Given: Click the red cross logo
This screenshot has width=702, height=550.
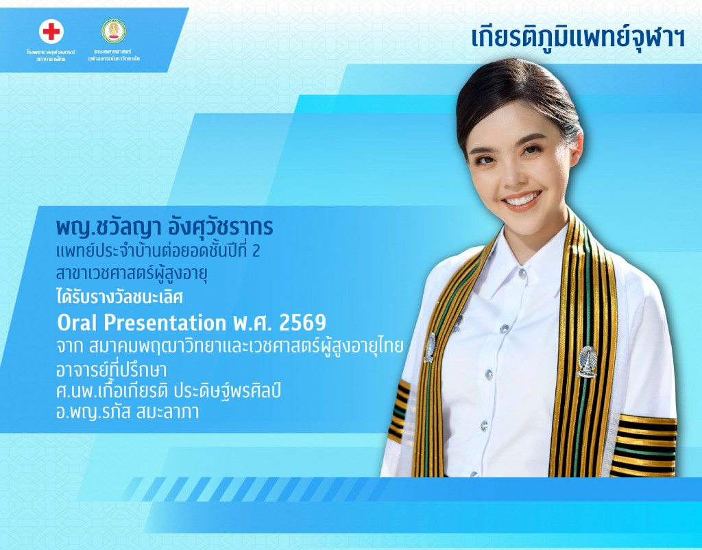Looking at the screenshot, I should (x=51, y=32).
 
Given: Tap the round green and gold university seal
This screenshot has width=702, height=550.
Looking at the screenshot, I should (x=113, y=31).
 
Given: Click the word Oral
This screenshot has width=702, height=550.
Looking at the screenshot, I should (x=79, y=322).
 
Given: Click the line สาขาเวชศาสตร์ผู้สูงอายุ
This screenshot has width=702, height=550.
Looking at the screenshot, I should (x=132, y=274).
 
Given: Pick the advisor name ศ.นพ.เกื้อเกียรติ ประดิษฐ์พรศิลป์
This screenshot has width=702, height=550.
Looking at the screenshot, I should (x=169, y=392).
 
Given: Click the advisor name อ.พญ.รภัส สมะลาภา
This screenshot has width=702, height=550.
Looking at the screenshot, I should (x=128, y=413).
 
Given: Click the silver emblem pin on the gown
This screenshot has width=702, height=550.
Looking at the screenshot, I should (x=587, y=361).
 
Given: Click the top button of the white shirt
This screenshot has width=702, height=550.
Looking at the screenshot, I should (x=522, y=273).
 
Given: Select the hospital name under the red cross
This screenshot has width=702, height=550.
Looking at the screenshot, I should (x=51, y=56).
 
